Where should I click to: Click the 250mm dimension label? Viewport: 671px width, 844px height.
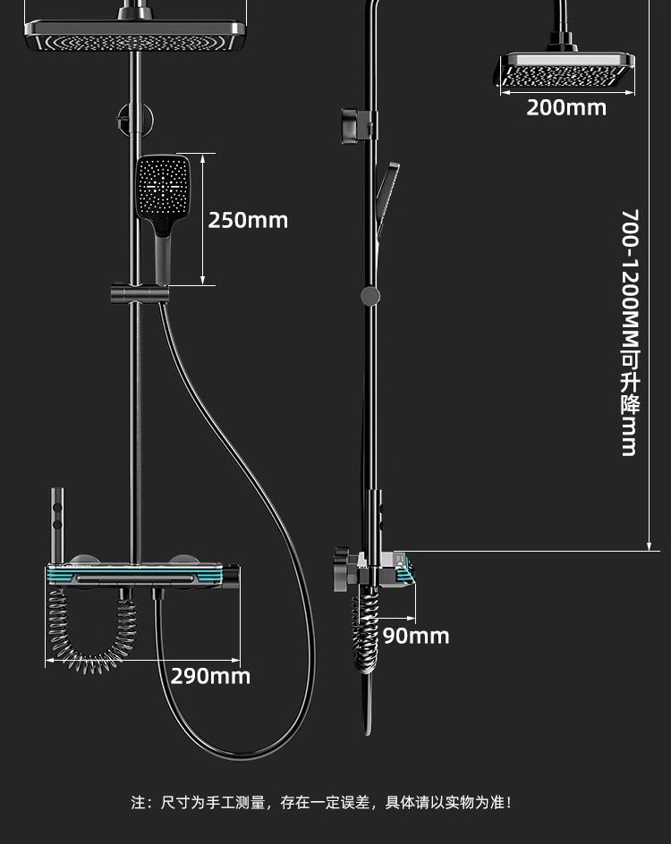click(248, 220)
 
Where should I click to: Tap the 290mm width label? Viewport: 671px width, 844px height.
click(210, 676)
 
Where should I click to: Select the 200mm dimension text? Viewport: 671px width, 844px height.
click(565, 108)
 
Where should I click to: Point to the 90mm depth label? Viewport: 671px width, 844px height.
click(416, 637)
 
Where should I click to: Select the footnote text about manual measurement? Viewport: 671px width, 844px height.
click(322, 803)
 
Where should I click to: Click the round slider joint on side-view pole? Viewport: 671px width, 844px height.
click(369, 295)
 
